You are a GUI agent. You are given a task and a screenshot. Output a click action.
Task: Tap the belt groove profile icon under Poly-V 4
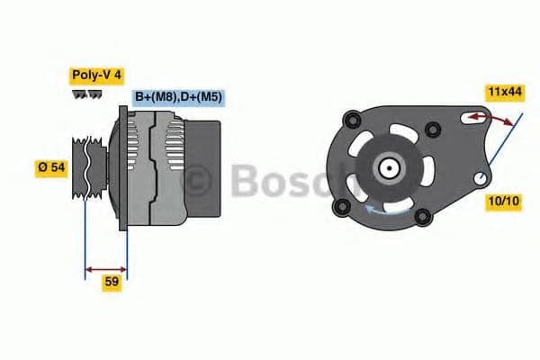(86, 94)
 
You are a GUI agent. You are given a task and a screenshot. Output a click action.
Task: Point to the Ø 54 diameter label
(50, 167)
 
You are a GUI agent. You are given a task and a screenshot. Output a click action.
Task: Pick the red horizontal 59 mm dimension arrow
(105, 267)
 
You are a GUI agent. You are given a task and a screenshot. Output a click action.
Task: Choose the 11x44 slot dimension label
(504, 92)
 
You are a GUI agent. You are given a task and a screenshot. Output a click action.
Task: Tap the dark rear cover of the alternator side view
(202, 171)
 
